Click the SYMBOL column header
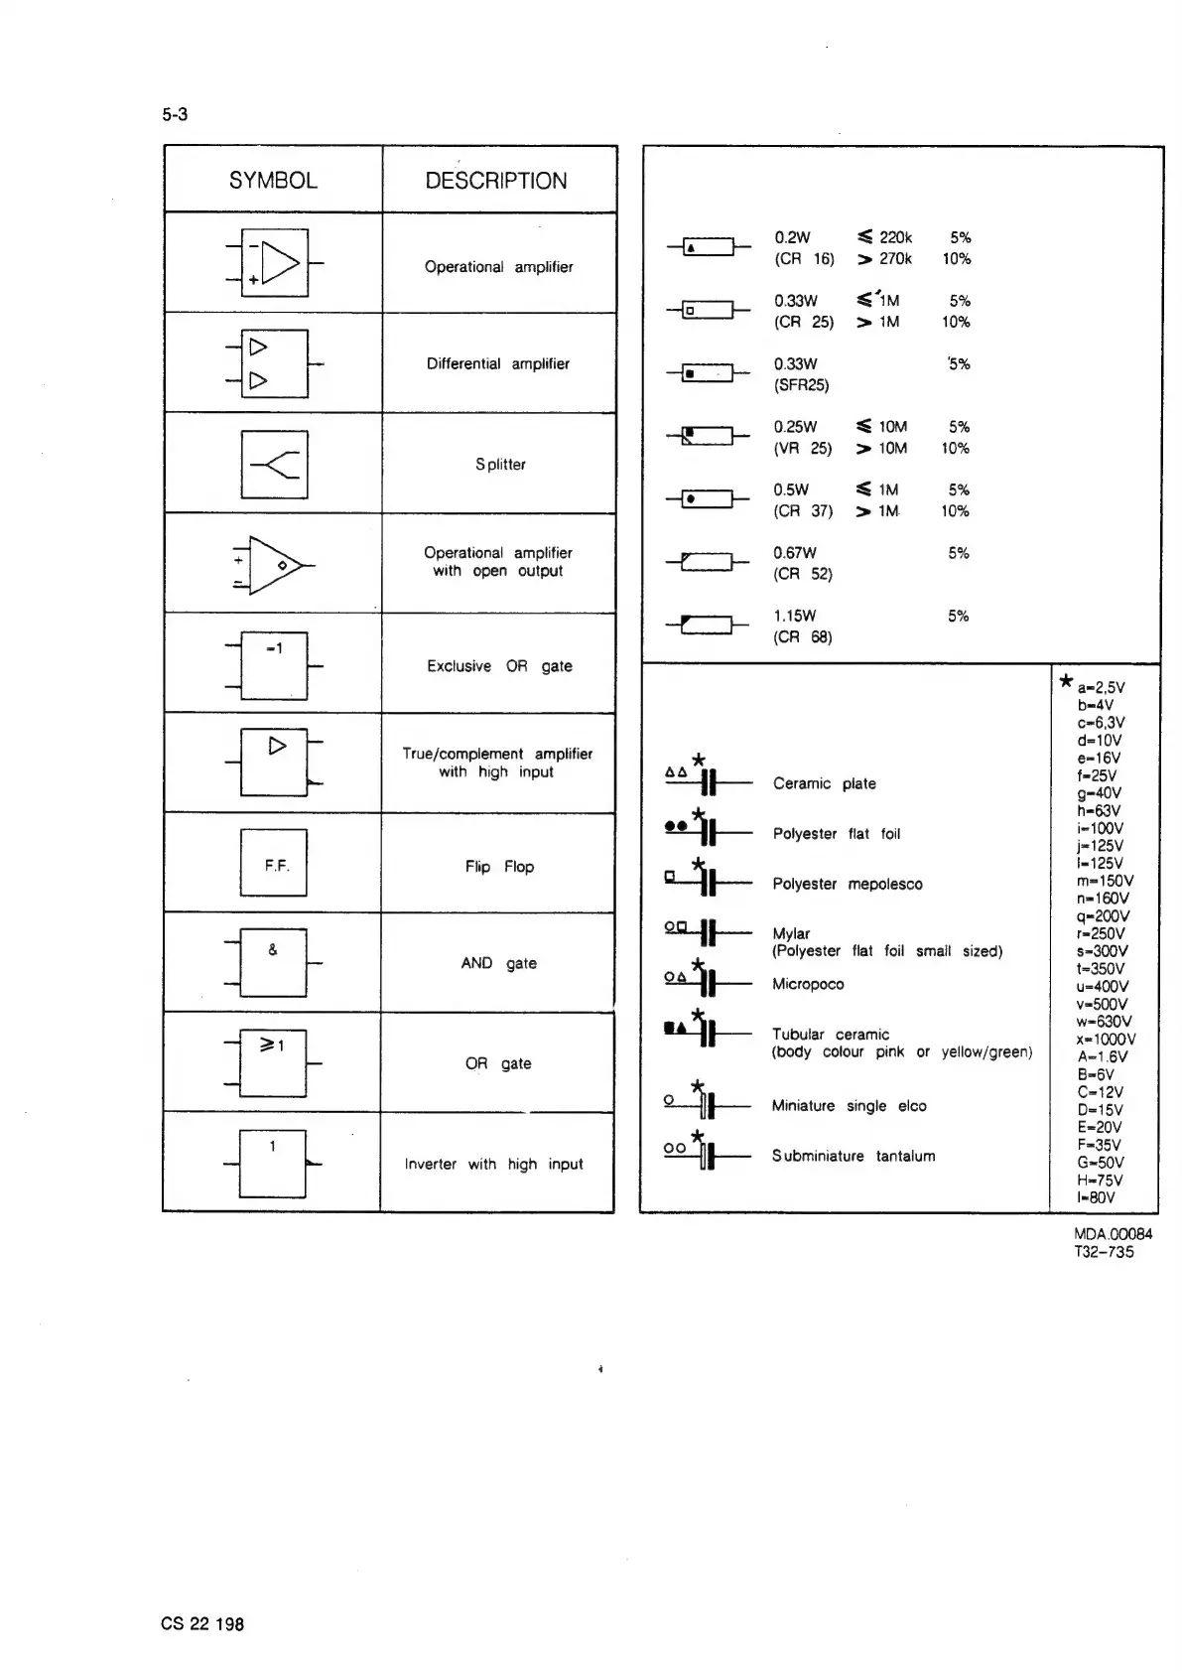pos(273,181)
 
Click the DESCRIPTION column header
pos(496,181)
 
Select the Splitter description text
pos(500,465)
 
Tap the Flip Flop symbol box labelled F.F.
pos(274,864)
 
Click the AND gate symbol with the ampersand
pos(273,962)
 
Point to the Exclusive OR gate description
pos(499,666)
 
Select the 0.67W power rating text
pos(795,553)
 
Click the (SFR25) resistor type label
pos(801,385)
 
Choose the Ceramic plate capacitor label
pos(824,784)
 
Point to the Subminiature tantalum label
pos(854,1156)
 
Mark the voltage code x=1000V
pos(1106,1040)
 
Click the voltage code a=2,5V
pos(1101,687)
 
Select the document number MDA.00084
pos(1113,1234)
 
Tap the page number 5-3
pos(175,114)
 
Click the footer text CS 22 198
pos(202,1624)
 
